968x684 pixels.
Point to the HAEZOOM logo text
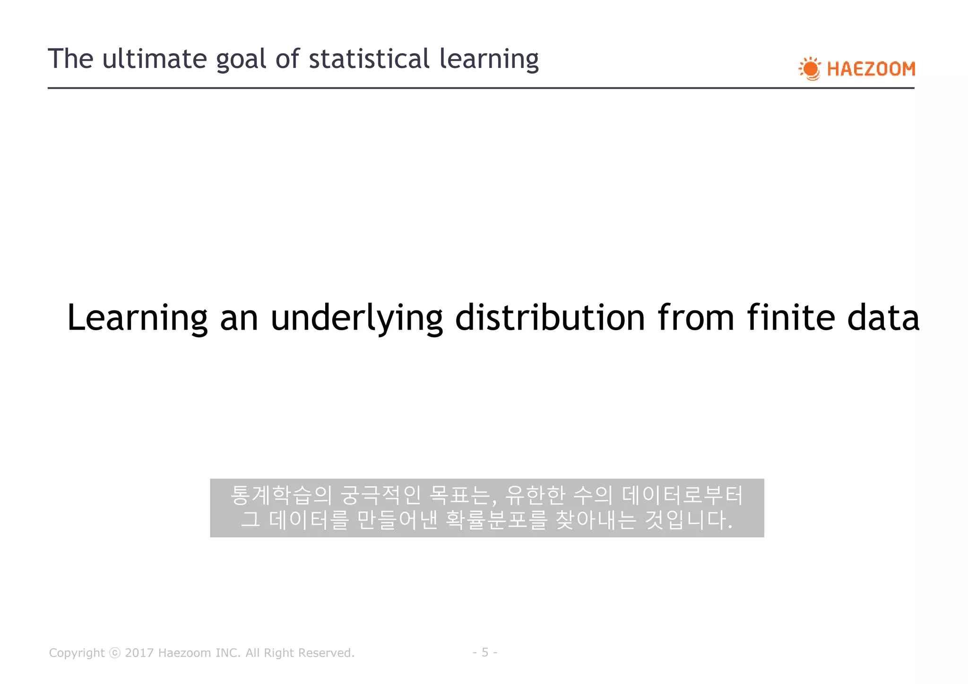(871, 69)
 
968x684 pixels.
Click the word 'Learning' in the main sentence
(137, 317)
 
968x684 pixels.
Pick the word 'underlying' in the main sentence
(356, 317)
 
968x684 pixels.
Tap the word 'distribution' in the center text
(550, 317)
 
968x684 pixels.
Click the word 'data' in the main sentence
(883, 317)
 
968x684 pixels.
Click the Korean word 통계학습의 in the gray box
(281, 495)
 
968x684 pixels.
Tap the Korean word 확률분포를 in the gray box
(496, 520)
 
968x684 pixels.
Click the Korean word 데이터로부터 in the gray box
(682, 495)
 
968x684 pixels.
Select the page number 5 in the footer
(484, 652)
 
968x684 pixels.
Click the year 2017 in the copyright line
(139, 653)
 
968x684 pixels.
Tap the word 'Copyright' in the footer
(77, 653)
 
